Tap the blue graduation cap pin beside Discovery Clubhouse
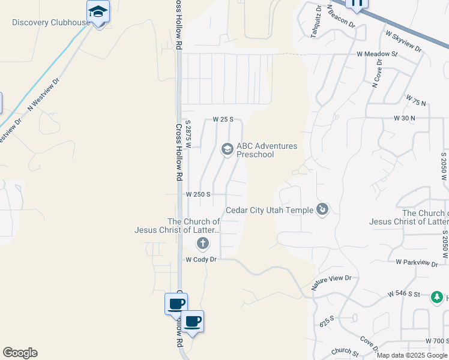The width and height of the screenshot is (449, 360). pyautogui.click(x=98, y=11)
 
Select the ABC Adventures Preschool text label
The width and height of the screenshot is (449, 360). pyautogui.click(x=267, y=150)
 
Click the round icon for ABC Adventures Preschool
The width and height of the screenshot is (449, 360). pyautogui.click(x=227, y=149)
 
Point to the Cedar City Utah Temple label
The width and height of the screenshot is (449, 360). pyautogui.click(x=269, y=210)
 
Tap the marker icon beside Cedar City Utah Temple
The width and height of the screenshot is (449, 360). pyautogui.click(x=323, y=209)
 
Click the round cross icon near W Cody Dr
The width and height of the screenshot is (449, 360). pyautogui.click(x=203, y=243)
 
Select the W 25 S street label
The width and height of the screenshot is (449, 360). pyautogui.click(x=223, y=119)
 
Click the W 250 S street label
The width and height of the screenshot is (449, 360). pyautogui.click(x=197, y=194)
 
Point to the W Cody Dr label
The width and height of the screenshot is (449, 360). pyautogui.click(x=200, y=260)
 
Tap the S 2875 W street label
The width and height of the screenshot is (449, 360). pyautogui.click(x=188, y=136)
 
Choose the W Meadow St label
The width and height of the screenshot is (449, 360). pyautogui.click(x=377, y=54)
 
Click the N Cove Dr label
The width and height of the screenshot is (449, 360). pyautogui.click(x=377, y=77)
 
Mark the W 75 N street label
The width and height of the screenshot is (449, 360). pyautogui.click(x=415, y=100)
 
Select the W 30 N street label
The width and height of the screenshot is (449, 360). pyautogui.click(x=404, y=118)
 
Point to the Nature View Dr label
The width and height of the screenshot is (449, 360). pyautogui.click(x=331, y=282)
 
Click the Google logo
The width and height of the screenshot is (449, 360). pyautogui.click(x=20, y=353)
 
